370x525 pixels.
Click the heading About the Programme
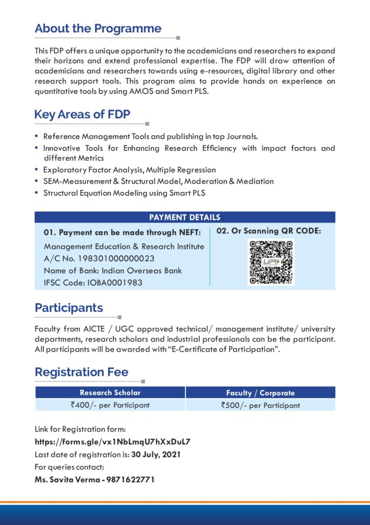(x=98, y=29)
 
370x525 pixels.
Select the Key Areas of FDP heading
(x=82, y=114)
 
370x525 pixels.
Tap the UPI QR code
(x=271, y=262)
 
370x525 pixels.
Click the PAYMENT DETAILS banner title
(x=184, y=217)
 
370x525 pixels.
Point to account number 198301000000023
(x=115, y=258)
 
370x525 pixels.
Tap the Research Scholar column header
(x=110, y=393)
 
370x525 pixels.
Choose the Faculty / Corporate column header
(x=260, y=393)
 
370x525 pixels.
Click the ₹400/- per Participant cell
(x=110, y=405)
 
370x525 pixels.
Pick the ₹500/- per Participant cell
(x=260, y=405)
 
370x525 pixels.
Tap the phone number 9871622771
(x=131, y=480)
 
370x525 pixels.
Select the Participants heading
(x=69, y=308)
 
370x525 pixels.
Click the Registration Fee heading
(x=81, y=372)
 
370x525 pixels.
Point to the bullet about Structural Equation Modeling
(x=124, y=193)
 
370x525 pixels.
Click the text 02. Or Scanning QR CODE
(x=269, y=231)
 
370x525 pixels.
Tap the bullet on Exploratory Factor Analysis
(x=129, y=170)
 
